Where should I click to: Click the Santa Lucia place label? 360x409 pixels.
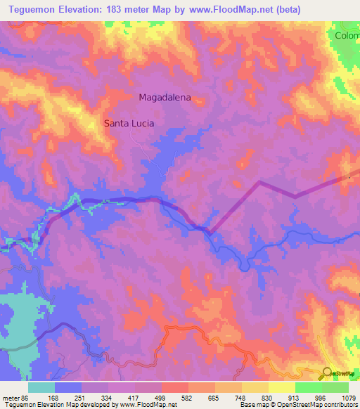[x=129, y=123]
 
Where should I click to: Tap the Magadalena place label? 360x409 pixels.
[x=165, y=98]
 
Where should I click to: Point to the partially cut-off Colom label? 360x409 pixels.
[x=347, y=35]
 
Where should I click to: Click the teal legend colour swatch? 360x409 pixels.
[x=41, y=387]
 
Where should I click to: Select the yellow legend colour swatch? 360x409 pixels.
[x=281, y=387]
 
